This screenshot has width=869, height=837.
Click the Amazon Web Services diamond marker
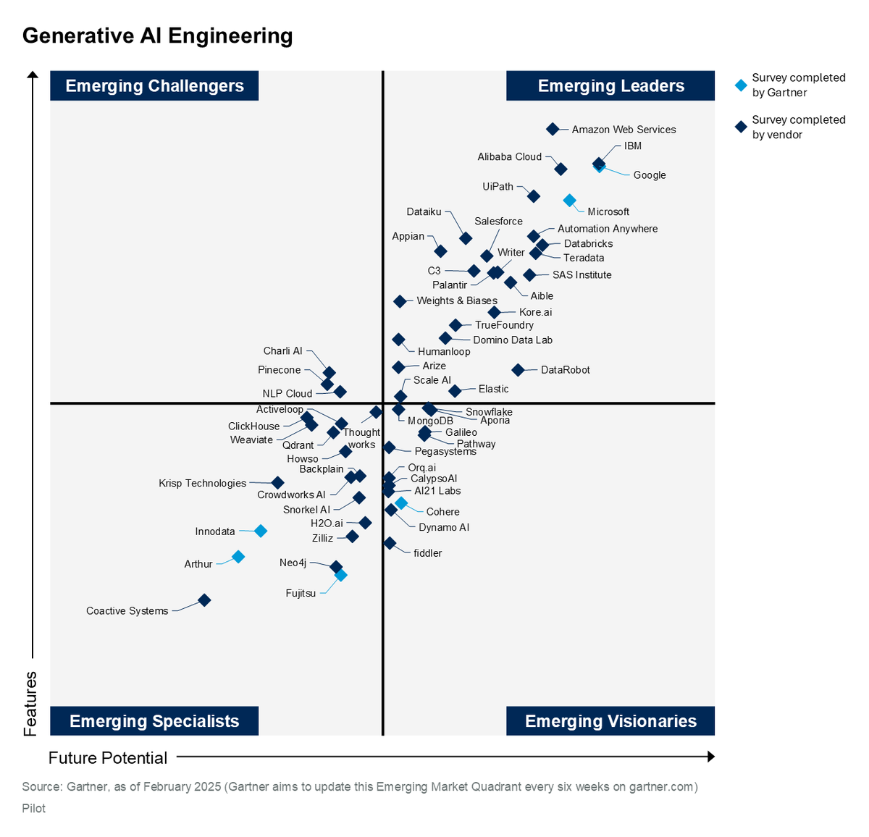point(553,129)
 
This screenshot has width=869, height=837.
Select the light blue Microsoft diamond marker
point(569,201)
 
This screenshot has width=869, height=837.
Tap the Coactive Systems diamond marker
point(204,600)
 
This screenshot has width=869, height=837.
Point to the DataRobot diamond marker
point(518,369)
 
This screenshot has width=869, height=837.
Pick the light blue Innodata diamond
point(261,531)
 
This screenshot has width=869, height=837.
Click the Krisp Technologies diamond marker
point(278,482)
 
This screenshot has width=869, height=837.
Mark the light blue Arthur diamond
point(238,557)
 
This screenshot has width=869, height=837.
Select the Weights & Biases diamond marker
point(400,301)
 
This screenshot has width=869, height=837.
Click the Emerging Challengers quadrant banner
point(154,85)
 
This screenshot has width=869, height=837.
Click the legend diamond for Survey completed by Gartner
point(741,85)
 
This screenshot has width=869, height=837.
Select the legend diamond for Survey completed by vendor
point(741,127)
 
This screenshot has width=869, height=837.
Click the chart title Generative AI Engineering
point(158,35)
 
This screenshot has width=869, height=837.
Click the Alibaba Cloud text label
point(510,156)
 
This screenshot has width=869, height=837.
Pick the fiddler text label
point(428,552)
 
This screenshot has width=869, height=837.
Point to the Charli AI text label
point(282,351)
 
